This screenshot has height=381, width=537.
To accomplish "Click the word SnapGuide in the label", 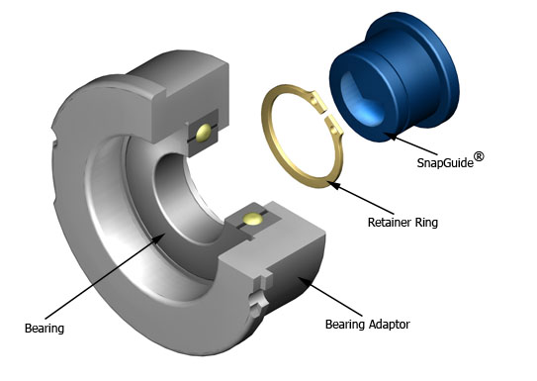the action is tap(445, 162).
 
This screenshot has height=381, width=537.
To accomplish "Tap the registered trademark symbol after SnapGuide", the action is tap(479, 157).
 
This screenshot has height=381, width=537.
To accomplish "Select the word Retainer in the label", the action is tap(390, 223).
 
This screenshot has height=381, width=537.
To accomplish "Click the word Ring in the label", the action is tap(426, 223).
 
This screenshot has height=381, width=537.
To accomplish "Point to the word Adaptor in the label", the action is tap(389, 325).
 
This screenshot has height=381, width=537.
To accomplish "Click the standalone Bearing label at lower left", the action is tap(45, 329).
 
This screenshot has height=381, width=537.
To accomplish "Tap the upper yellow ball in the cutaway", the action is tap(204, 132).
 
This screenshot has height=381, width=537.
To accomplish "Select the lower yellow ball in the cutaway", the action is tap(253, 219).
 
